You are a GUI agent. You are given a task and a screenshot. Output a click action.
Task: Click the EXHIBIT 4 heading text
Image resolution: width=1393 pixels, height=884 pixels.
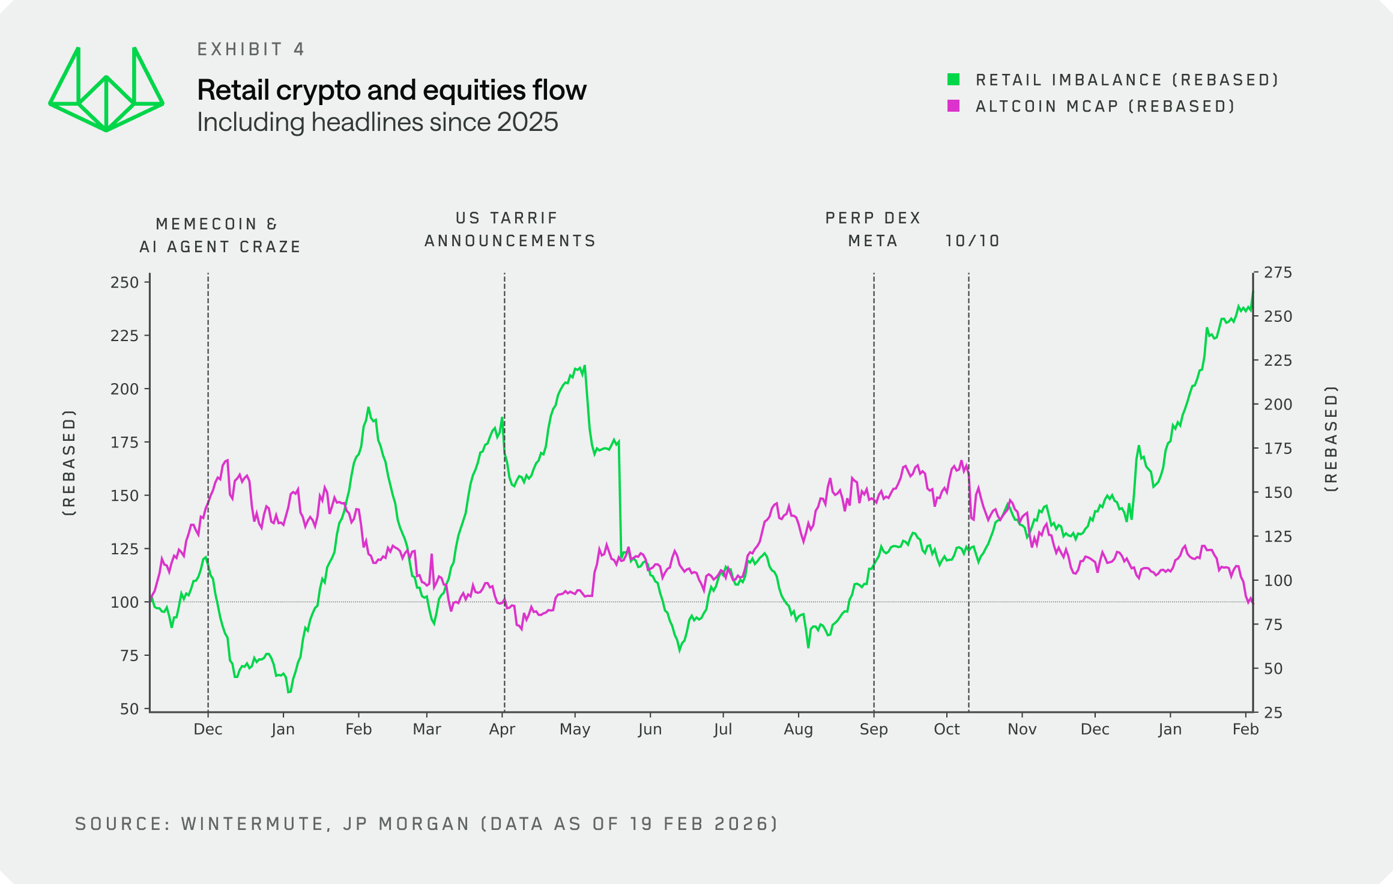pos(251,49)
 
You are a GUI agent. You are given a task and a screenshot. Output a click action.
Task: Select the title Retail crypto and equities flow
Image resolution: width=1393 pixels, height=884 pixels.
pos(391,90)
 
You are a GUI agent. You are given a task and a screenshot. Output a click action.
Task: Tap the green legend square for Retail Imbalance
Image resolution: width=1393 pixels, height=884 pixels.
pos(953,79)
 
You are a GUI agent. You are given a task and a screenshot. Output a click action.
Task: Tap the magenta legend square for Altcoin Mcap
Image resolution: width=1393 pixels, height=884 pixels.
pos(953,106)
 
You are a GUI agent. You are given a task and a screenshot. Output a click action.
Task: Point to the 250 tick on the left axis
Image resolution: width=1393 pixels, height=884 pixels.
pos(124,282)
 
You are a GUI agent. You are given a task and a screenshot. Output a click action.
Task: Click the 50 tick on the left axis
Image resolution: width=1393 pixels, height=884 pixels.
pos(129,709)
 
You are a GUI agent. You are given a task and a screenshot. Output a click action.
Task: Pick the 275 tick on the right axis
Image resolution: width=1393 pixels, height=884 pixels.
pos(1278,273)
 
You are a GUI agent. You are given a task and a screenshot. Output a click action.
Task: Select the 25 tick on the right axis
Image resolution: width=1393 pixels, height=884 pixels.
pos(1273,713)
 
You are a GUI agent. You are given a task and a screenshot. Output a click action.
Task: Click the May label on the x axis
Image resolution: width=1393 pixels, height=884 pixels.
pos(575,730)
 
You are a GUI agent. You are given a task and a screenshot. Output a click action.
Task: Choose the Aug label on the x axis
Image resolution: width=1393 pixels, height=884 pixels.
pos(798,730)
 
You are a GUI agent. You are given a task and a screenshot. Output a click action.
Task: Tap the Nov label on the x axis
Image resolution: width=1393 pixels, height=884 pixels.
pos(1022,730)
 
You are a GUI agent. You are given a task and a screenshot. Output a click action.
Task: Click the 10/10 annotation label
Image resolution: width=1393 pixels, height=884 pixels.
pos(972,241)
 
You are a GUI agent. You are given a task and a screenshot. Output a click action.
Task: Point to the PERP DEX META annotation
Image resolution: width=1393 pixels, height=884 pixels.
pos(873,229)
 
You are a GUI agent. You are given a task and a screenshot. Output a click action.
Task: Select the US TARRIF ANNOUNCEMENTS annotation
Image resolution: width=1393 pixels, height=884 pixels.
pos(510,229)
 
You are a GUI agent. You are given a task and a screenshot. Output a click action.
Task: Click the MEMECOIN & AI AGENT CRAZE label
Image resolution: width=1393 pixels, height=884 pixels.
pos(220,235)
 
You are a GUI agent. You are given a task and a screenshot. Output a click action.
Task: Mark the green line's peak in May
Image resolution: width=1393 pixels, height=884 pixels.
pos(584,366)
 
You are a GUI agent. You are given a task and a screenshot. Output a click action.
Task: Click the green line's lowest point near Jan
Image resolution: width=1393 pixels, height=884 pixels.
pos(289,692)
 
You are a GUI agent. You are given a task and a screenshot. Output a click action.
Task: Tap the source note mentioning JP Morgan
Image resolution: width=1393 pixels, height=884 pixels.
pos(426,824)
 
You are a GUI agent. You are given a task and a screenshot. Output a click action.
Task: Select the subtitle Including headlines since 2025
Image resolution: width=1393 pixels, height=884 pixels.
pos(377,123)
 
